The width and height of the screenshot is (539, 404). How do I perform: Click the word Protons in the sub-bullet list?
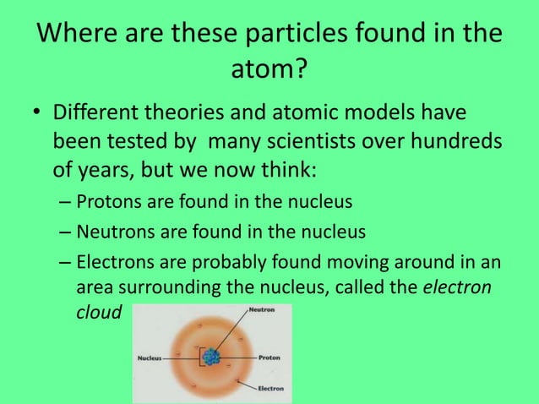[x=107, y=203]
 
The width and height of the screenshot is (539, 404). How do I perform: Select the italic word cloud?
[x=99, y=313]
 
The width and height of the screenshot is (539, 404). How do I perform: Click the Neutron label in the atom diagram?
[x=261, y=310]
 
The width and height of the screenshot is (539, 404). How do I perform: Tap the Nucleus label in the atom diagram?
[x=151, y=358]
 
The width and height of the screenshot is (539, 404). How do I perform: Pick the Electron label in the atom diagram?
[x=270, y=389]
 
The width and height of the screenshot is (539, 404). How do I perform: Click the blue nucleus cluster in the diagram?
[x=210, y=358]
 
